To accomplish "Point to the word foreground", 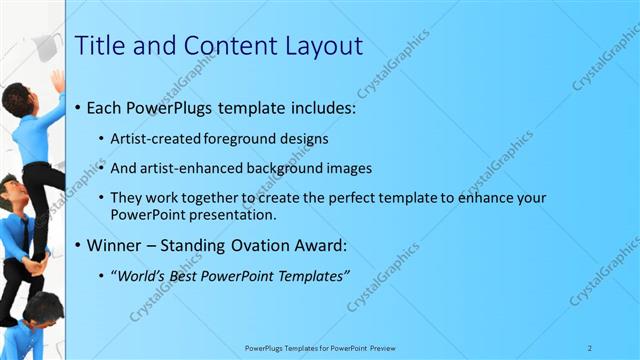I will pyautogui.click(x=250, y=138).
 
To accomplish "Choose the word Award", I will pyautogui.click(x=326, y=245).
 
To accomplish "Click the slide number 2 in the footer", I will pyautogui.click(x=590, y=348).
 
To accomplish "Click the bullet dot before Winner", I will pyautogui.click(x=79, y=246).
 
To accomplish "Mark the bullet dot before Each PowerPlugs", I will pyautogui.click(x=79, y=107).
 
